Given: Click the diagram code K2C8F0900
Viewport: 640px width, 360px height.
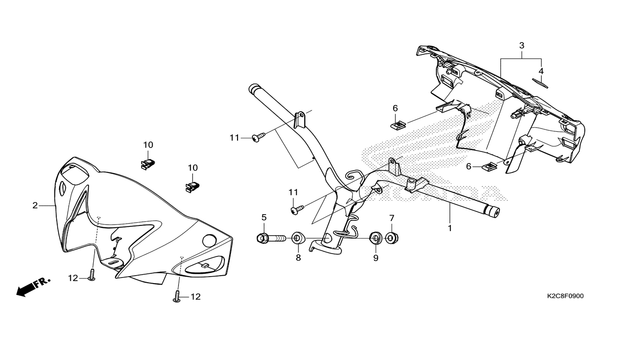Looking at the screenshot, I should pos(565,296).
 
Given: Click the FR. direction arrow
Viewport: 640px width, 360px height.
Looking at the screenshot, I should pos(33,286).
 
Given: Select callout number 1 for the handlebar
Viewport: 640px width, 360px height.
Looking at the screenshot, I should pos(450,229).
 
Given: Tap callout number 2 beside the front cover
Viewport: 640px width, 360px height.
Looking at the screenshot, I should pos(35,205).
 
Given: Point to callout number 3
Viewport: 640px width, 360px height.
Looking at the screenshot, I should pos(521,45).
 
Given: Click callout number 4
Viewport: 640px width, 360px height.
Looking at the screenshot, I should pos(541,71).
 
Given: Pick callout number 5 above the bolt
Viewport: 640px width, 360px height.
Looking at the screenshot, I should pos(264,217).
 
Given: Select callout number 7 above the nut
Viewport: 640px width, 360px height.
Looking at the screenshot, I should pos(392,218).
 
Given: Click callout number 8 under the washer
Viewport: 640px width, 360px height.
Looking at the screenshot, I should pos(298,258).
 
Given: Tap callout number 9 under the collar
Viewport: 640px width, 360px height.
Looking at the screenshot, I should pos(376,258).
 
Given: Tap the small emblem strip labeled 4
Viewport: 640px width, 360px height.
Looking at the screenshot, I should pos(542,83).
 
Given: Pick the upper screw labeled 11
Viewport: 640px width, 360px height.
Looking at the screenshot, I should pos(258,137).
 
